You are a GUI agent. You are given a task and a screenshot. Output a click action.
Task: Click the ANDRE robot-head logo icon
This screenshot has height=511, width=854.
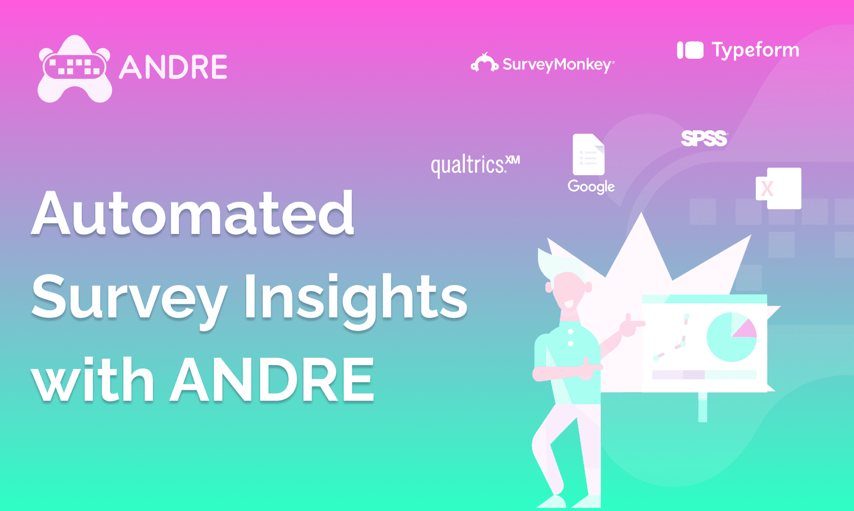[74, 68]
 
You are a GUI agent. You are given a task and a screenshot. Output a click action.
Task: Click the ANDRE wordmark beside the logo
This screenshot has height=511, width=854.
[173, 67]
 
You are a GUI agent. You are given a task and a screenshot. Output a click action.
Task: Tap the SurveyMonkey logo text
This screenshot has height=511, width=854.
[558, 65]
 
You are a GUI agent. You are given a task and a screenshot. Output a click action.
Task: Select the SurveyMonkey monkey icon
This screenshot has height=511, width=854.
[484, 63]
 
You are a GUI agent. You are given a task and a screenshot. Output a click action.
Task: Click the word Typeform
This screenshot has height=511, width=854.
[755, 50]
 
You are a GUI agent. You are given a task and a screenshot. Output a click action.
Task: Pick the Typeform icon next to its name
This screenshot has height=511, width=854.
[690, 50]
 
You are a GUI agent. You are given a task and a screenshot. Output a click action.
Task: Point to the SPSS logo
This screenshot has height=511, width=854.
[704, 138]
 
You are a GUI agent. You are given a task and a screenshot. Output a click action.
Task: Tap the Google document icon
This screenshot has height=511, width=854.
[588, 154]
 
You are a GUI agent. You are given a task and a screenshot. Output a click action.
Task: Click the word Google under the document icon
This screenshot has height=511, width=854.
[591, 186]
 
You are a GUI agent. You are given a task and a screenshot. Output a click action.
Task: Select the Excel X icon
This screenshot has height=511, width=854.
[779, 188]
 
